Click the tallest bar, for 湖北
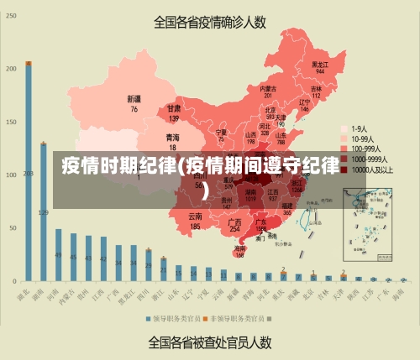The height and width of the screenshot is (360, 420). tap(29, 168)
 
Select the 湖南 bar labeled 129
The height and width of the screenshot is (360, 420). tap(44, 210)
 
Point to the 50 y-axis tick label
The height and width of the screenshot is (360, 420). tap(12, 227)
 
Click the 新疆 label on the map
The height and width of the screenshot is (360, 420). tap(134, 99)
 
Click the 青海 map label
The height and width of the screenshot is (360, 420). tap(172, 137)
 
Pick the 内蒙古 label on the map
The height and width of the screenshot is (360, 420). tap(268, 88)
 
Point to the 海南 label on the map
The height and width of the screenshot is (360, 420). tap(240, 248)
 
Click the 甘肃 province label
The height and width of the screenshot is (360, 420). tap(174, 108)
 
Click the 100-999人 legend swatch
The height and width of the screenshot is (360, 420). tap(343, 149)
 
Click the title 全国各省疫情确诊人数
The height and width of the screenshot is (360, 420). tap(209, 23)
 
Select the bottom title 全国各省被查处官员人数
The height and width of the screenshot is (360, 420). tap(209, 342)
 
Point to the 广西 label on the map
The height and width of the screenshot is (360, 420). tap(235, 222)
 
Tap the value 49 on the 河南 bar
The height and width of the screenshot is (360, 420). tap(59, 255)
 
